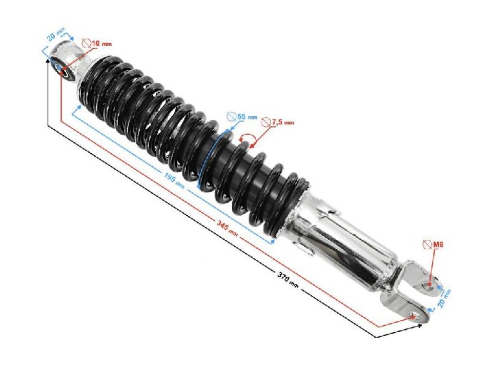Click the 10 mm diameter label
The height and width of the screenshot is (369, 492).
click(101, 44)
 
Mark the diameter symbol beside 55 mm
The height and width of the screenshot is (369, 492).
click(231, 117)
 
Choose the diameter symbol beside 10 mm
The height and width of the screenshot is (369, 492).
click(87, 44)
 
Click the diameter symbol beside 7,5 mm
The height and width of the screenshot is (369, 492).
click(266, 121)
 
